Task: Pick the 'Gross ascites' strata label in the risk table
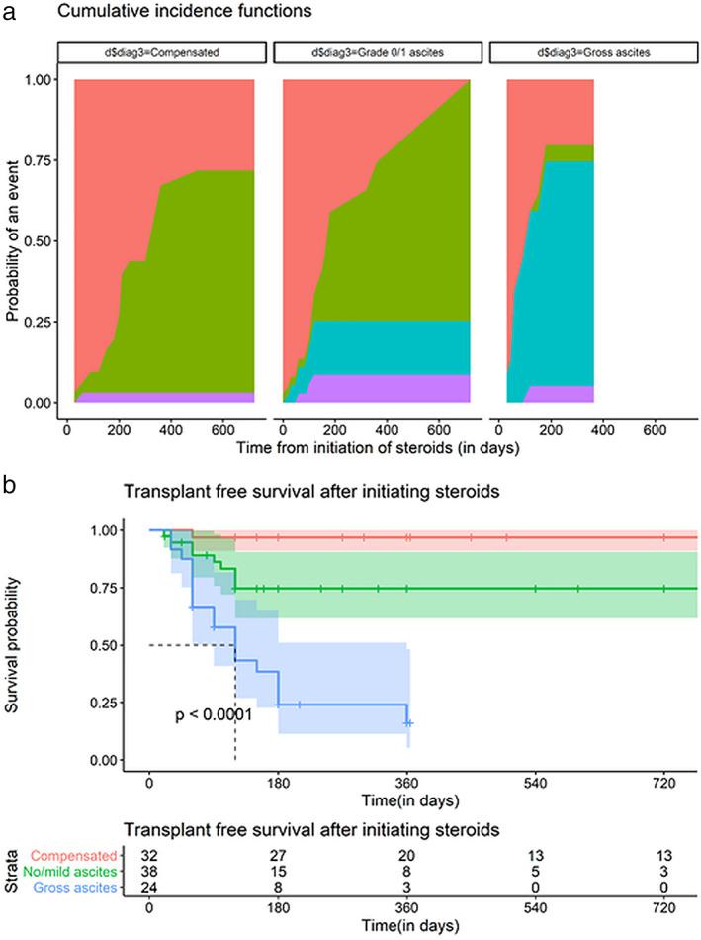pos(81,888)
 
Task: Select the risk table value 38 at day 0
pos(149,872)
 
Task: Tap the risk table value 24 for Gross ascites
pos(149,888)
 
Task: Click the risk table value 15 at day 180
pos(278,872)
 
